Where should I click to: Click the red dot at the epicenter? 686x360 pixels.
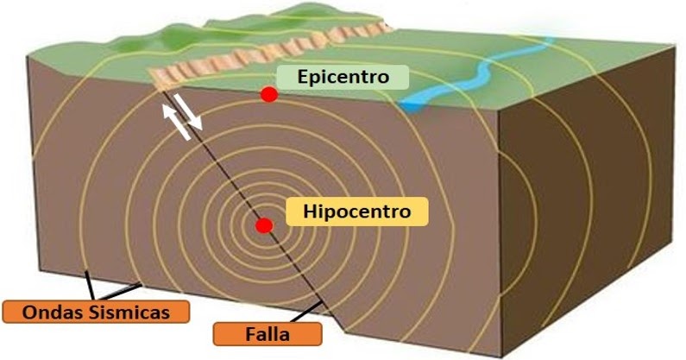tap(270, 94)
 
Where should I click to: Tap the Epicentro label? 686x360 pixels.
tap(344, 77)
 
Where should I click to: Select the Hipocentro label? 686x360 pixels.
tap(356, 210)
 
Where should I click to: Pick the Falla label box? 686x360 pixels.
tap(266, 333)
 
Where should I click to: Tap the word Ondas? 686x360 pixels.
tap(48, 311)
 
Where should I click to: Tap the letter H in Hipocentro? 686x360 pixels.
tap(307, 210)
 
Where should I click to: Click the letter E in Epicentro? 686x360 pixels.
tap(303, 77)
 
